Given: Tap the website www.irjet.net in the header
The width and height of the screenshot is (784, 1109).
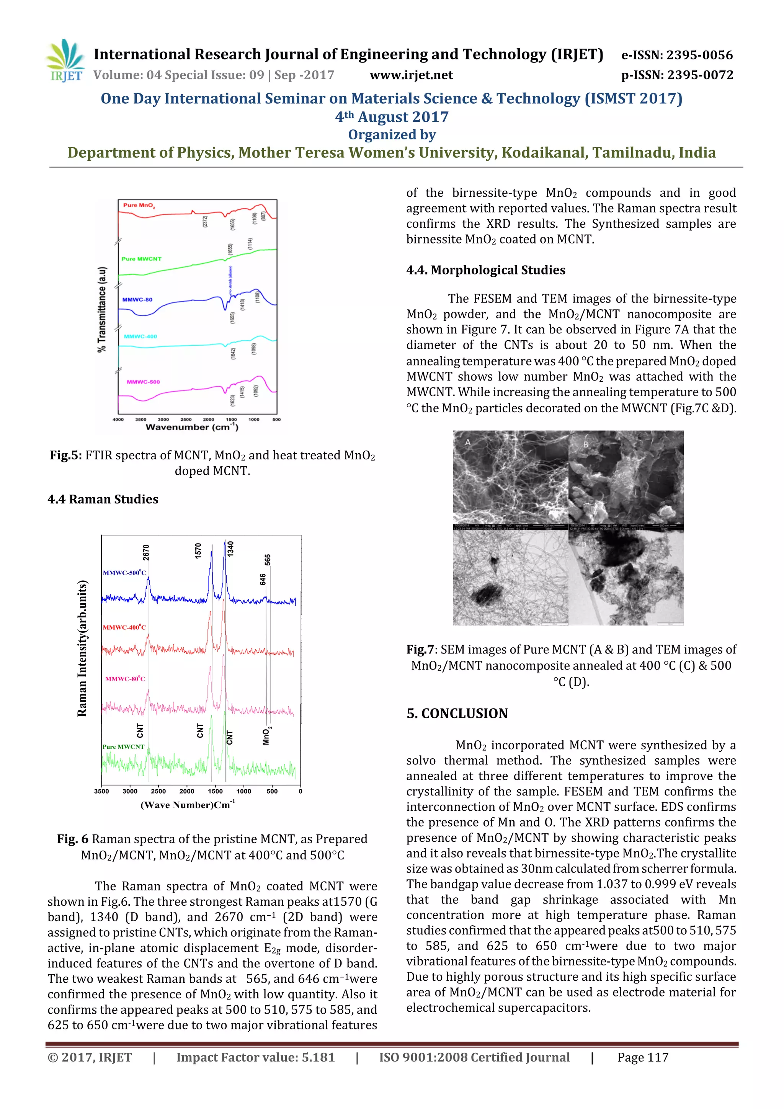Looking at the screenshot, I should pos(411,75).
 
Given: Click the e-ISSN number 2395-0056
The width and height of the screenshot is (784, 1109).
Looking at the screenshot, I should pos(699,55).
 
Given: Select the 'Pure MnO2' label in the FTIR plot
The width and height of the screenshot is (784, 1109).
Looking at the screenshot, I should pos(139,205).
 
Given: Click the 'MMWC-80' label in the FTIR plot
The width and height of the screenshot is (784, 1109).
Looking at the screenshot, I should pos(137,299).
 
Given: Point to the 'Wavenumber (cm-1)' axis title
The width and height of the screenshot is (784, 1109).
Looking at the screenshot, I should pos(192,426).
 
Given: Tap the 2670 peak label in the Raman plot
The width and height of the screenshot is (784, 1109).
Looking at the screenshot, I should pos(146,552).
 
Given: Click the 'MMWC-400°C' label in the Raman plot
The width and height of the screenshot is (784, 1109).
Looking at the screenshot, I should pos(124,627).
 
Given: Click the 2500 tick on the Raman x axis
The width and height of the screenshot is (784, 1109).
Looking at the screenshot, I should pos(158,791).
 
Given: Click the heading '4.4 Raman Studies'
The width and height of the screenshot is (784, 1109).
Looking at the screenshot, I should pos(103,499).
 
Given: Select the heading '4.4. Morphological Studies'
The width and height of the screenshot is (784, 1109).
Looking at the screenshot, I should pos(485,270).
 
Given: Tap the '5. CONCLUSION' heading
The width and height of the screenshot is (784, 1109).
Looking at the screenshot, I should pos(457,714).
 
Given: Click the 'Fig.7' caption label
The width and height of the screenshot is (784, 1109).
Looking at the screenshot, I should pos(418,650).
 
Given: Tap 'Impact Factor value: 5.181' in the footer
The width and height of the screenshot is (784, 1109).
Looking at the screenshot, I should pos(256,1057).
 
